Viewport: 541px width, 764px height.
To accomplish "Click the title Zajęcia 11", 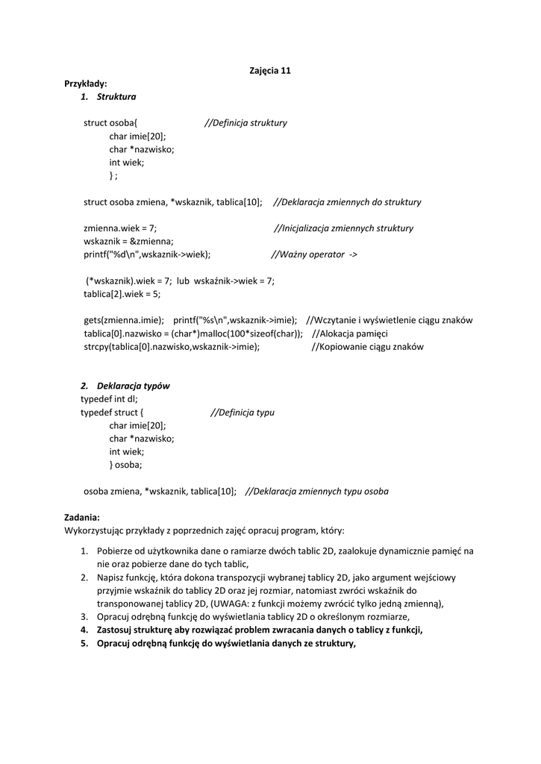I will (x=269, y=71).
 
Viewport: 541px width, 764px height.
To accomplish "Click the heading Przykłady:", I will (x=86, y=84).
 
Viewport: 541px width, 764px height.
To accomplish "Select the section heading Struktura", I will (x=116, y=97).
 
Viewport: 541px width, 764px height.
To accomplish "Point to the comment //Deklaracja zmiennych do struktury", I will (x=347, y=202).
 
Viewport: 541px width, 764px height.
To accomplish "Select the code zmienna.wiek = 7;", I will (x=120, y=228).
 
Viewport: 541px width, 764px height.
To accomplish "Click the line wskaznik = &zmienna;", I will (x=128, y=241).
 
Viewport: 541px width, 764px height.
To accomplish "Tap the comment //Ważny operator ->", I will (x=313, y=254).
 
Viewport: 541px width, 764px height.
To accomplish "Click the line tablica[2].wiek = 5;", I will (x=122, y=294).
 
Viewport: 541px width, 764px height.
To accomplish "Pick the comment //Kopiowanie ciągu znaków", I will (x=367, y=347).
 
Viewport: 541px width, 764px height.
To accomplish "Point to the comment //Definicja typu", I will (x=242, y=412).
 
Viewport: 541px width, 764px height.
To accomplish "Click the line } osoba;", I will (x=125, y=464).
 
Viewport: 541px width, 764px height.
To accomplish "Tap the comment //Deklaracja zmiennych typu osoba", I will (x=316, y=491).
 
